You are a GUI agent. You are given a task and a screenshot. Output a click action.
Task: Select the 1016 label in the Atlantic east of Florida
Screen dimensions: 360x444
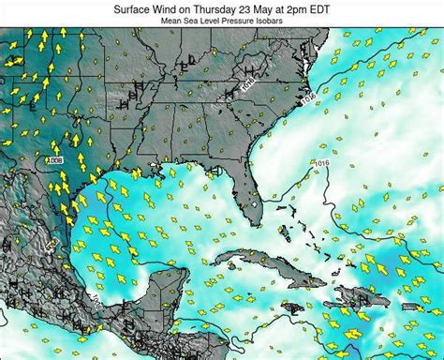(323, 163)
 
